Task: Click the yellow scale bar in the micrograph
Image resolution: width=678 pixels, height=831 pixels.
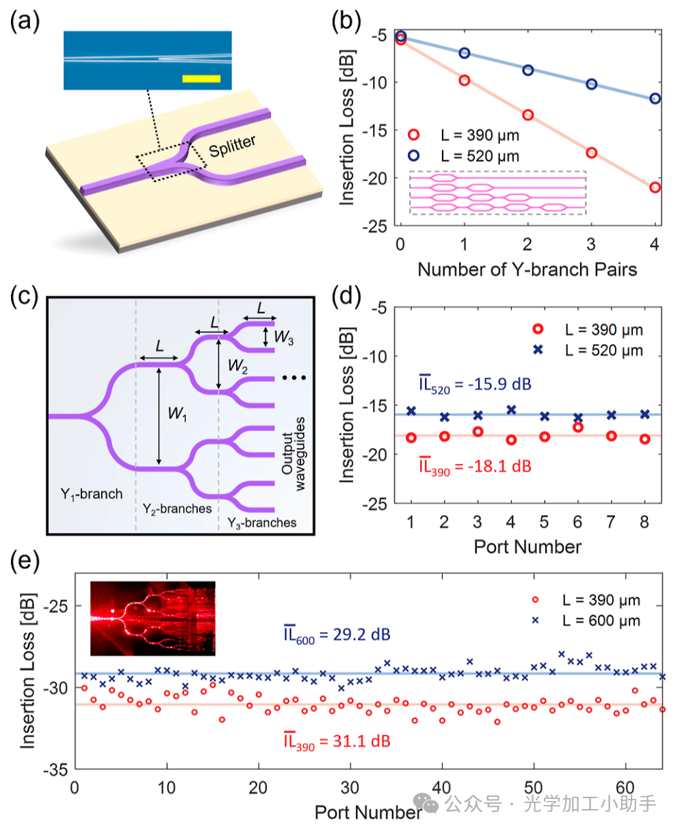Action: coord(201,78)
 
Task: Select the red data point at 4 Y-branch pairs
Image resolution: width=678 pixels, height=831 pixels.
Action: coord(655,187)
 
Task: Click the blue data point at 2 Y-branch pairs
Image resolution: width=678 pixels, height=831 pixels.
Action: coord(527,70)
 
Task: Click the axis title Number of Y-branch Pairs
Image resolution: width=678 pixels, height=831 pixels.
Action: coord(527,269)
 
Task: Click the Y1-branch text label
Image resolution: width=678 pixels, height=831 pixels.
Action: coord(91,494)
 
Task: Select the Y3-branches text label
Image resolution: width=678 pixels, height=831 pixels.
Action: coord(258,523)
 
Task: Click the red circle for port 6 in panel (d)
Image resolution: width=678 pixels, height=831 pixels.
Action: coord(577,427)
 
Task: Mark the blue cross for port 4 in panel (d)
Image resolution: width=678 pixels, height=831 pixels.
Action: coord(510,410)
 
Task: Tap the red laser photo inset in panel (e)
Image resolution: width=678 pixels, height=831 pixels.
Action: coord(153,618)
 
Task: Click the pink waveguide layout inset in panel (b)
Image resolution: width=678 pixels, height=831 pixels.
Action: coord(497,192)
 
